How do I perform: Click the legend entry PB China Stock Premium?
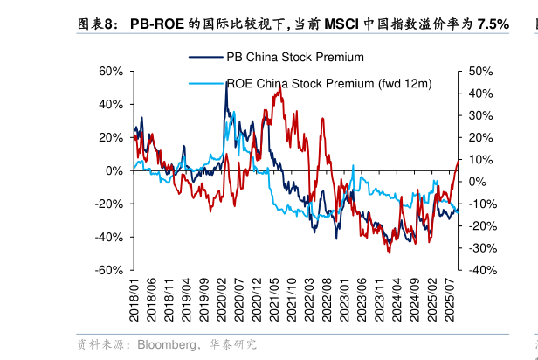tap(294, 58)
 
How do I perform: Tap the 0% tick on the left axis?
tap(114, 170)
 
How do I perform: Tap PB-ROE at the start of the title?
tap(157, 25)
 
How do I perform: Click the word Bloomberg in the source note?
tap(167, 344)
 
